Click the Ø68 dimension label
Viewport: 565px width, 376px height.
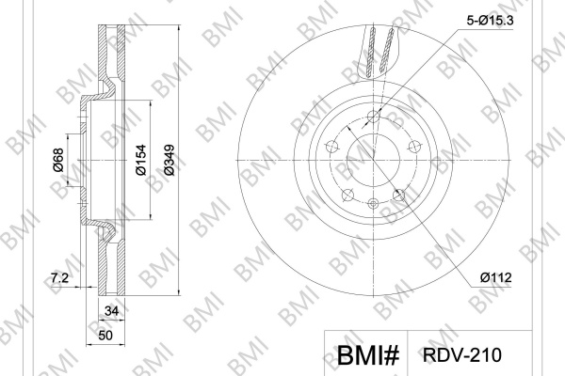click(58, 160)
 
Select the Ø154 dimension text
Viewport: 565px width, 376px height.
click(141, 160)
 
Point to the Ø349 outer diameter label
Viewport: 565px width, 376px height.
click(169, 160)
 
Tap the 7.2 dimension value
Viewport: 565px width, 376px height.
click(59, 278)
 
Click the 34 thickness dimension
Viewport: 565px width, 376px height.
click(111, 310)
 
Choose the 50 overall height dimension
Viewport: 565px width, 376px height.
click(105, 336)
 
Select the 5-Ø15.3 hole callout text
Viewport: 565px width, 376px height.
click(490, 21)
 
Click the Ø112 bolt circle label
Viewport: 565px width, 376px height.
click(496, 277)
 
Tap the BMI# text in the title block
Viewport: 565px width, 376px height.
click(368, 354)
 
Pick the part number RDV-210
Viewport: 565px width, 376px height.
click(462, 354)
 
